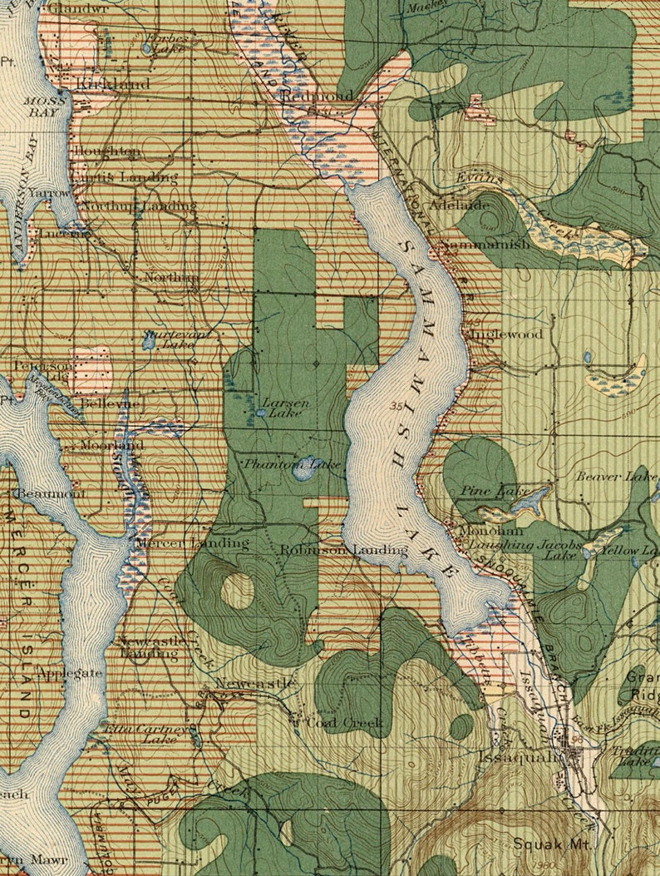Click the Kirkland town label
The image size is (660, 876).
click(x=113, y=84)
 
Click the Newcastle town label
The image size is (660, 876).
click(x=254, y=684)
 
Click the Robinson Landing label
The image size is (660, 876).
click(x=343, y=550)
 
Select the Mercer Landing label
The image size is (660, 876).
click(x=192, y=543)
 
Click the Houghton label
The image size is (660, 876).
click(x=107, y=151)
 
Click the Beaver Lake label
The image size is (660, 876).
click(x=616, y=477)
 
